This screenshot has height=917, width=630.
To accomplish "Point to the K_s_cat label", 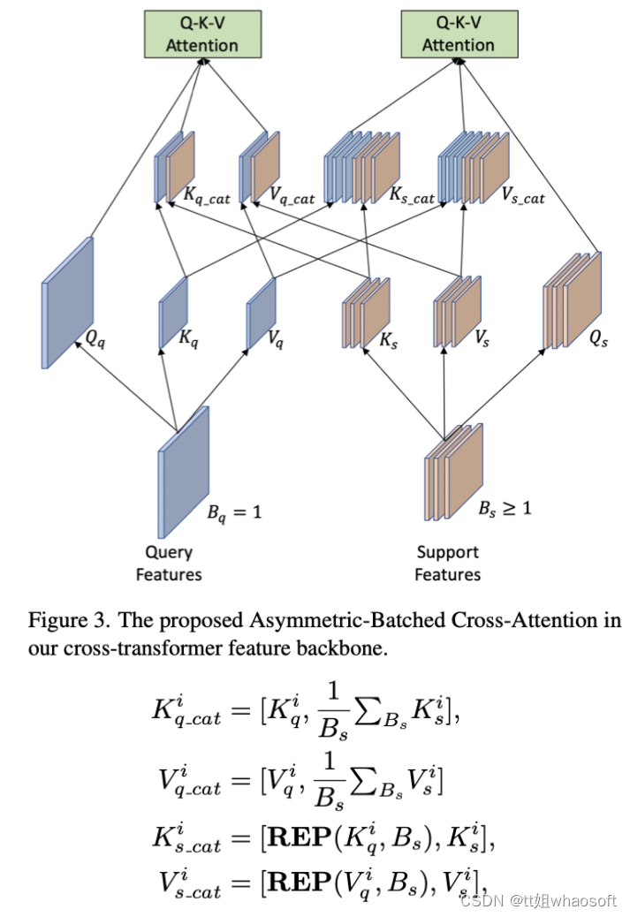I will [412, 197].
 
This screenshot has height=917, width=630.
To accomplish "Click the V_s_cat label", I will [521, 197].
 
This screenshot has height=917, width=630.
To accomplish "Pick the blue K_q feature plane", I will [173, 312].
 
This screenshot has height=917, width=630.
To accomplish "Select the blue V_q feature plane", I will [261, 310].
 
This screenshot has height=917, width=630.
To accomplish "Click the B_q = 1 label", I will [234, 511].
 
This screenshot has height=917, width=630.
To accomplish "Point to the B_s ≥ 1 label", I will [505, 509].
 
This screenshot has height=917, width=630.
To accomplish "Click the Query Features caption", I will [168, 564].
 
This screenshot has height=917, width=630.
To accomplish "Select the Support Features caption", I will [448, 564].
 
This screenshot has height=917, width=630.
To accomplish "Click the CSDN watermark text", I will [481, 901].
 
